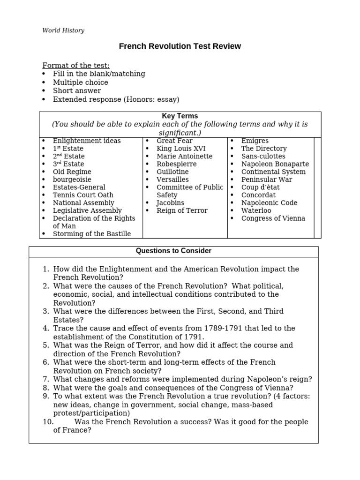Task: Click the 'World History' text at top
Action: [63, 30]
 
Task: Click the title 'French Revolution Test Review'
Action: [180, 46]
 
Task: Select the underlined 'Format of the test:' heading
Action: [76, 65]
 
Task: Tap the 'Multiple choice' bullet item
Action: [80, 82]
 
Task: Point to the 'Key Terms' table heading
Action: [180, 116]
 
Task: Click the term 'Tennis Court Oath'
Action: [83, 195]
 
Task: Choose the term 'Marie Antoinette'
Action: [184, 156]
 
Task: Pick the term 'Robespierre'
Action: [176, 164]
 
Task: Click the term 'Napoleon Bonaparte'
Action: [275, 164]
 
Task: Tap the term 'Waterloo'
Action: [256, 210]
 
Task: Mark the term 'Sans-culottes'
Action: [263, 156]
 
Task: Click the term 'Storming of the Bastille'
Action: [92, 233]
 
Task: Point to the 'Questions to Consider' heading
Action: [173, 251]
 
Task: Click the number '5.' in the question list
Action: [46, 345]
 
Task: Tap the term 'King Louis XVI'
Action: [181, 149]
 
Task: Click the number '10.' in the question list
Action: [48, 422]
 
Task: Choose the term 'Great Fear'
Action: [174, 141]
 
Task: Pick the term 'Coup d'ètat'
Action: [260, 187]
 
